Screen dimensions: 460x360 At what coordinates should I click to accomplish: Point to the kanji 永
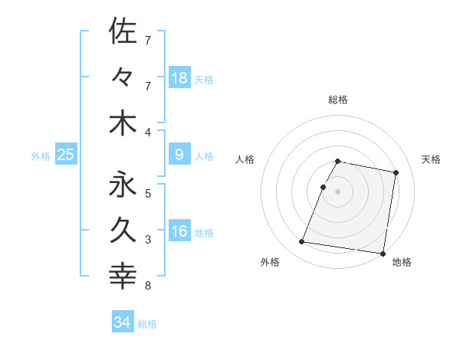click(123, 184)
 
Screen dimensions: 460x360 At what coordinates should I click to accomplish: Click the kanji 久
click(123, 229)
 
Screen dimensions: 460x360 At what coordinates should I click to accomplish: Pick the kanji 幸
click(123, 275)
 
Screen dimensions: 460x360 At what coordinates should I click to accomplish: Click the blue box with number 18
click(179, 77)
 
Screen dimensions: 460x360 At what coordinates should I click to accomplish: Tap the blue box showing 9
click(179, 155)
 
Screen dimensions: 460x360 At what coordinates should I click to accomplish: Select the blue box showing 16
click(179, 231)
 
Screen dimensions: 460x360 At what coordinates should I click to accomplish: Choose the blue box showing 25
click(65, 155)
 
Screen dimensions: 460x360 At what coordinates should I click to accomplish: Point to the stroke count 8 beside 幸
click(148, 286)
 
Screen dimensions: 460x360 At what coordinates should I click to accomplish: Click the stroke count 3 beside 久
click(148, 240)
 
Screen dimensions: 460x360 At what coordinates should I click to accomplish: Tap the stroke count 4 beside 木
click(148, 133)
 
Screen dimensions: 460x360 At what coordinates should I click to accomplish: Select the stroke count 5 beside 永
click(148, 193)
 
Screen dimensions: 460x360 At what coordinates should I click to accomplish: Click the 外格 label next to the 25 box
click(41, 156)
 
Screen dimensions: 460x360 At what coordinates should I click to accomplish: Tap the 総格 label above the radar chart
click(338, 100)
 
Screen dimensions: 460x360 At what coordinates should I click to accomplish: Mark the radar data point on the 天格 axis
click(396, 172)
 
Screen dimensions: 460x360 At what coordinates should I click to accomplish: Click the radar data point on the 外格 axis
click(302, 242)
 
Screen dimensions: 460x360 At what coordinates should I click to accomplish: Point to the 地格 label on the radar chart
click(402, 263)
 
